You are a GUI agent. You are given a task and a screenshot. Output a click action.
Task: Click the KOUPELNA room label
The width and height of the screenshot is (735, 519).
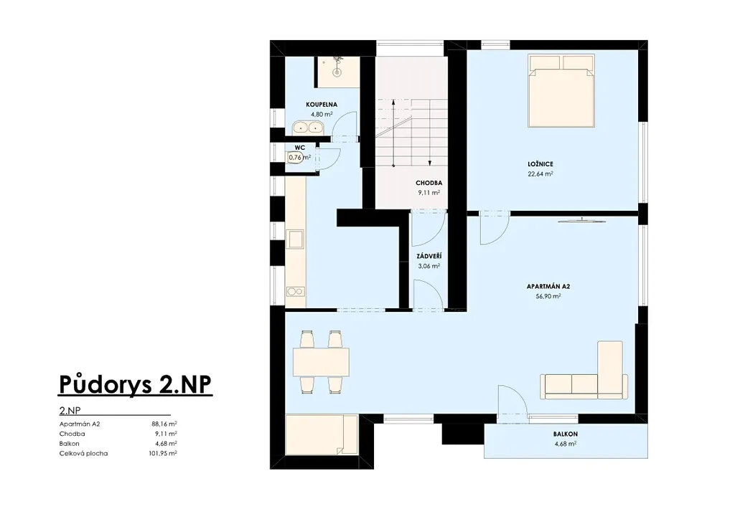[321, 105]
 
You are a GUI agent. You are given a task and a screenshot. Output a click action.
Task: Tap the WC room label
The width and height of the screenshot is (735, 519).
[300, 148]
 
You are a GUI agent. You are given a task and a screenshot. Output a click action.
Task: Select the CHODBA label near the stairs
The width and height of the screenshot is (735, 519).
[429, 183]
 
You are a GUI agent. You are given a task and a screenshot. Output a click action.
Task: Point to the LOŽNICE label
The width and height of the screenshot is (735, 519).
[540, 163]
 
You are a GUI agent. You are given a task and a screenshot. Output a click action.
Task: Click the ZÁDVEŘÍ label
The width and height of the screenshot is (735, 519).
[429, 257]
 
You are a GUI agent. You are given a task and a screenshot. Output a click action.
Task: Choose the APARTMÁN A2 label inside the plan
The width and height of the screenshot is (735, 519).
[548, 287]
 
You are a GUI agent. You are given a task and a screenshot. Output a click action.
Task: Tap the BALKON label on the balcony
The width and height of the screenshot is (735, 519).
[566, 434]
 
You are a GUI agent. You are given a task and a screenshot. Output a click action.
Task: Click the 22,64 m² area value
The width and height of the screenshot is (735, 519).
[540, 173]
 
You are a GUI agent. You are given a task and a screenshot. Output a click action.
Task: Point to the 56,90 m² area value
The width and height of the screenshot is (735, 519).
[548, 296]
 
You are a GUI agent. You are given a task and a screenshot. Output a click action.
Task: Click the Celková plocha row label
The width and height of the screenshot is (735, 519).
[83, 453]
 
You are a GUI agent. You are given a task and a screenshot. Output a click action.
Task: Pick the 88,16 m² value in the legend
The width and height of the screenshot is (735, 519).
[164, 424]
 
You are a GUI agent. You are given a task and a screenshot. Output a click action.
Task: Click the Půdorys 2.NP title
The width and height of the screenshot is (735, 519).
[136, 384]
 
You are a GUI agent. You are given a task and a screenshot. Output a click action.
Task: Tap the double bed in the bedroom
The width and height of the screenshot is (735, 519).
[561, 91]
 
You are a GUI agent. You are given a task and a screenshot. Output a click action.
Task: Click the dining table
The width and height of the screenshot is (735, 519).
[321, 362]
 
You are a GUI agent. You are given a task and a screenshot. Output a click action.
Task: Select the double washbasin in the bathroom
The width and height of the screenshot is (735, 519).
[308, 127]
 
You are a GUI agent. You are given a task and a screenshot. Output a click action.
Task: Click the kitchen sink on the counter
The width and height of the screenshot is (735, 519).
[296, 239]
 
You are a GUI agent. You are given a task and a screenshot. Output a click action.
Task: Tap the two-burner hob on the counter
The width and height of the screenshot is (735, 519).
[295, 291]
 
